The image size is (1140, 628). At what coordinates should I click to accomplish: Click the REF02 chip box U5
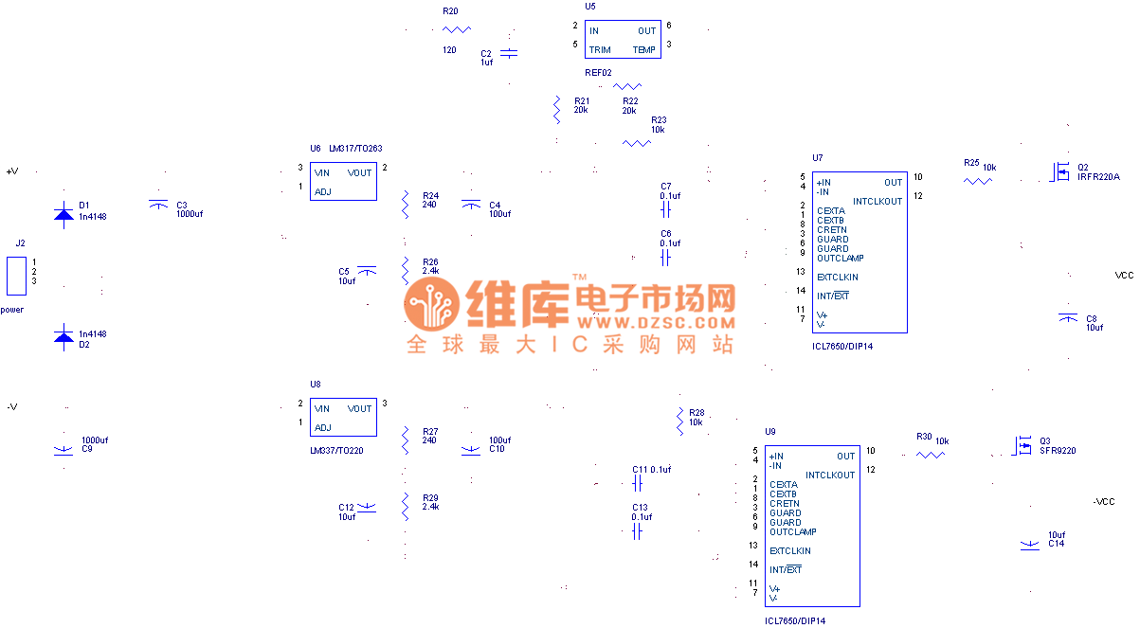coord(623,40)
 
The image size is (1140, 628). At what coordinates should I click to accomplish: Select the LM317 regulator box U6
coord(343,182)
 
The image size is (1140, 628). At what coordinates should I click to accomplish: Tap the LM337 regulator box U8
coord(343,418)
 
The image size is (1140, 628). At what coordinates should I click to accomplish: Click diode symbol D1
coord(63,214)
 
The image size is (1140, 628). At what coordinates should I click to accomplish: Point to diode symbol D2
coord(63,335)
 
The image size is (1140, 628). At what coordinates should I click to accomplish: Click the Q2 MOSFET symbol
coord(1059,171)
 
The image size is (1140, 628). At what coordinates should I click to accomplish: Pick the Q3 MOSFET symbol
coord(1022,444)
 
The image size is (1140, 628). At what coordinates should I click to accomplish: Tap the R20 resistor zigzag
coord(457,30)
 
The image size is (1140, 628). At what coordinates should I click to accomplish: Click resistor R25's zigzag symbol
coord(977,180)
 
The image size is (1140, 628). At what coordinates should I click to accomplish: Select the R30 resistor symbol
coord(931,455)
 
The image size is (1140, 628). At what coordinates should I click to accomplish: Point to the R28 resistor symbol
coord(679,422)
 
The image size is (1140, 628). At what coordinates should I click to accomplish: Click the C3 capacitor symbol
coord(159,204)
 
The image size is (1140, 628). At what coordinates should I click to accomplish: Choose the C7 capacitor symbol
coord(665,209)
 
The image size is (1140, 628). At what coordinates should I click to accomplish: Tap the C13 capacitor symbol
coord(637,532)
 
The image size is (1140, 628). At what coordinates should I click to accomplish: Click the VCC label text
coord(1124,276)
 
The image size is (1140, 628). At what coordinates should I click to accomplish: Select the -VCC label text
coord(1104,501)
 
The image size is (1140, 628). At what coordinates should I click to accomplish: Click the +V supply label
coord(12,171)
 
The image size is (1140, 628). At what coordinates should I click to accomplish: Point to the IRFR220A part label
coord(1099,176)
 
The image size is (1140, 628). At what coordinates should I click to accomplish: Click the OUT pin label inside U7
coord(894,183)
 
